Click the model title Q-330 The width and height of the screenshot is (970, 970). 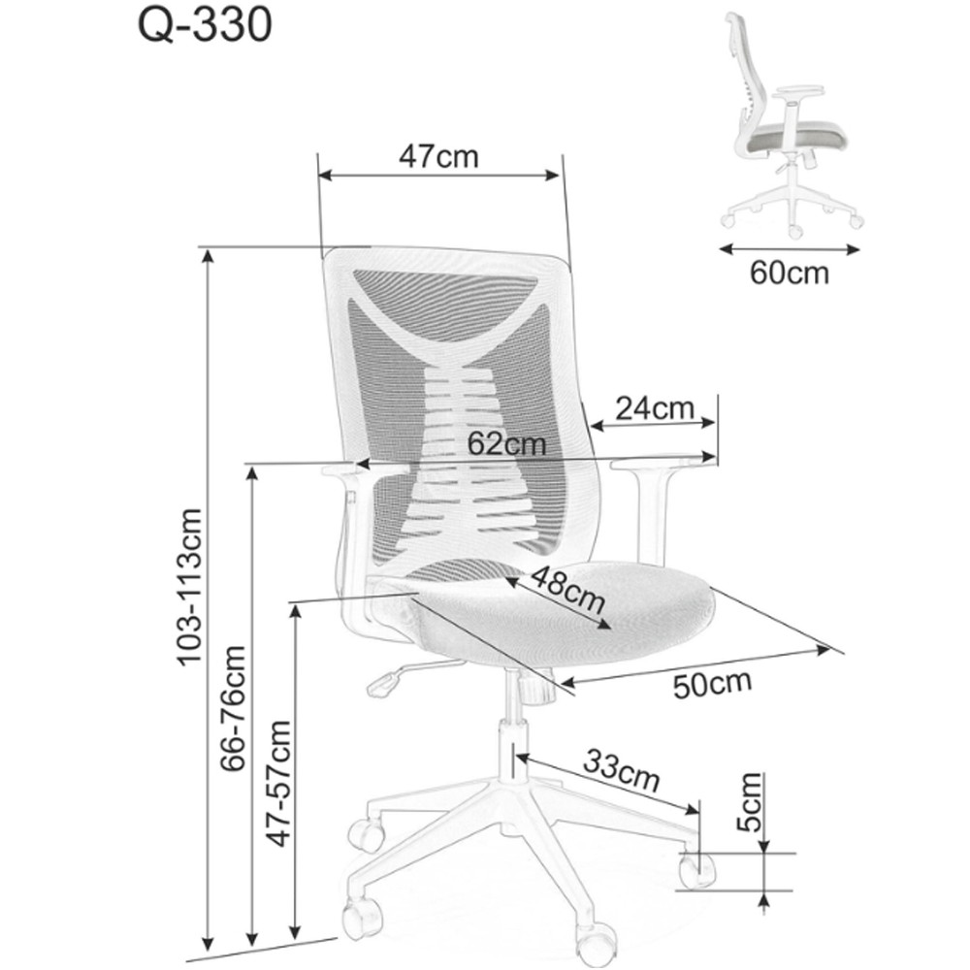click(x=205, y=25)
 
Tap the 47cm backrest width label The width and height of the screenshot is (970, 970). click(x=438, y=156)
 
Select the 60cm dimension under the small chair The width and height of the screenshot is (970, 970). click(x=790, y=273)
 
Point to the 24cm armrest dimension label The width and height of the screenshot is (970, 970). click(x=655, y=408)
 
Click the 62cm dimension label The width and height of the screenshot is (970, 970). click(x=506, y=443)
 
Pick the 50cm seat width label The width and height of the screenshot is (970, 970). click(x=713, y=683)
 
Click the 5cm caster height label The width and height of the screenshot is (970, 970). click(x=749, y=802)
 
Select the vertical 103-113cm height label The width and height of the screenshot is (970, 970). click(x=189, y=587)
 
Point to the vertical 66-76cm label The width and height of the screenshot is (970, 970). click(x=233, y=708)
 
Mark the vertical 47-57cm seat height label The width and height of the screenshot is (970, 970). click(x=277, y=783)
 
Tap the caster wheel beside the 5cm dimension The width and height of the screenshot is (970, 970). click(x=696, y=868)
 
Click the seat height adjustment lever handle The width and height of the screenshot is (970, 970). click(x=383, y=685)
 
